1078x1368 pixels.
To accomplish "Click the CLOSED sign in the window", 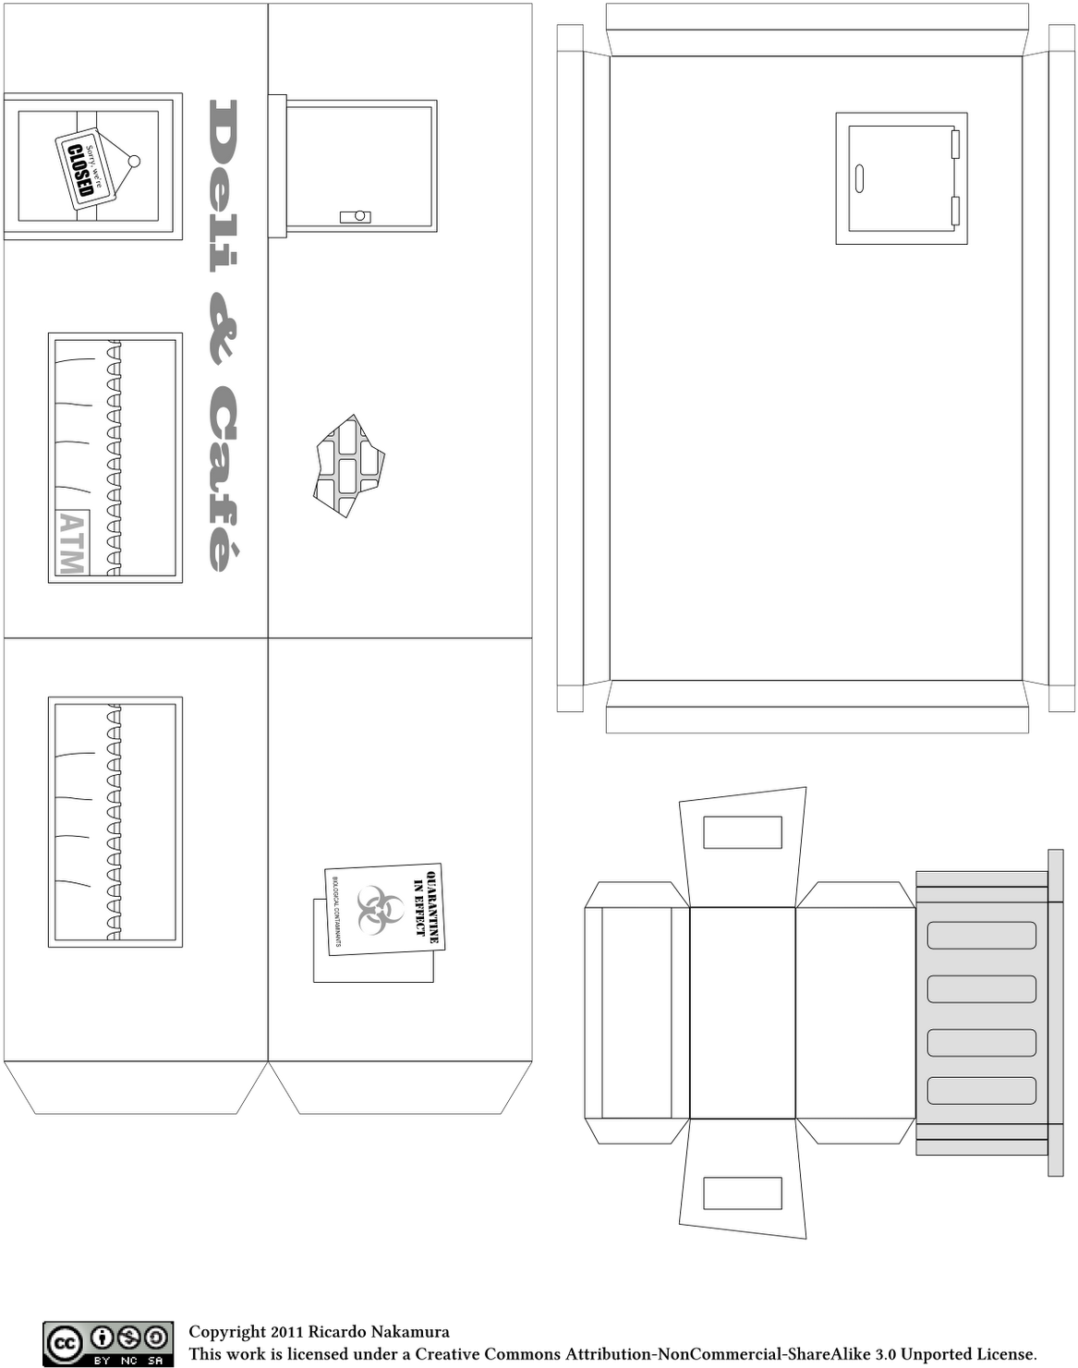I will pyautogui.click(x=82, y=172).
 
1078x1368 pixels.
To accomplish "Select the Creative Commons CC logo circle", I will pyautogui.click(x=63, y=1343).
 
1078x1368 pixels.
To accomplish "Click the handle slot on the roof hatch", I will pyautogui.click(x=859, y=178).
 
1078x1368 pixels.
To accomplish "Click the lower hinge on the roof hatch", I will pyautogui.click(x=956, y=212).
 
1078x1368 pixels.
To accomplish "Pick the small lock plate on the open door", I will pyautogui.click(x=356, y=216).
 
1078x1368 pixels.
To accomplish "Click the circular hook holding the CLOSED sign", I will pyautogui.click(x=134, y=162).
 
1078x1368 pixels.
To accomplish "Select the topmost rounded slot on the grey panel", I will pyautogui.click(x=981, y=935).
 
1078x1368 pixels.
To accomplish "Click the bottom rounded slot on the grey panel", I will pyautogui.click(x=981, y=1090).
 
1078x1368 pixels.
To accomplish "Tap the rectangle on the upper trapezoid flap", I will pyautogui.click(x=743, y=832).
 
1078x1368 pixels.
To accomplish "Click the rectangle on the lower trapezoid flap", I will pyautogui.click(x=743, y=1193).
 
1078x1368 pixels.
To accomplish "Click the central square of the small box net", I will pyautogui.click(x=743, y=1012).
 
